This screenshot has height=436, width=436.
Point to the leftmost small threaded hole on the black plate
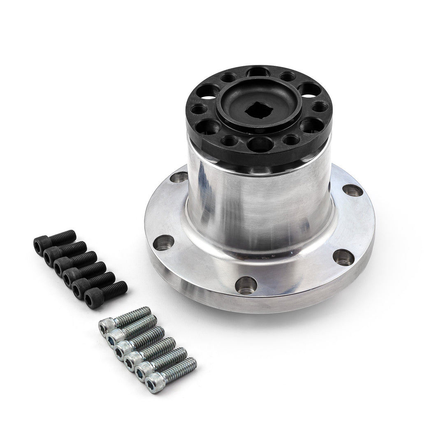click(x=202, y=110)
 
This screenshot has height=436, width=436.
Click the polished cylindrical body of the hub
click(x=259, y=206)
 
